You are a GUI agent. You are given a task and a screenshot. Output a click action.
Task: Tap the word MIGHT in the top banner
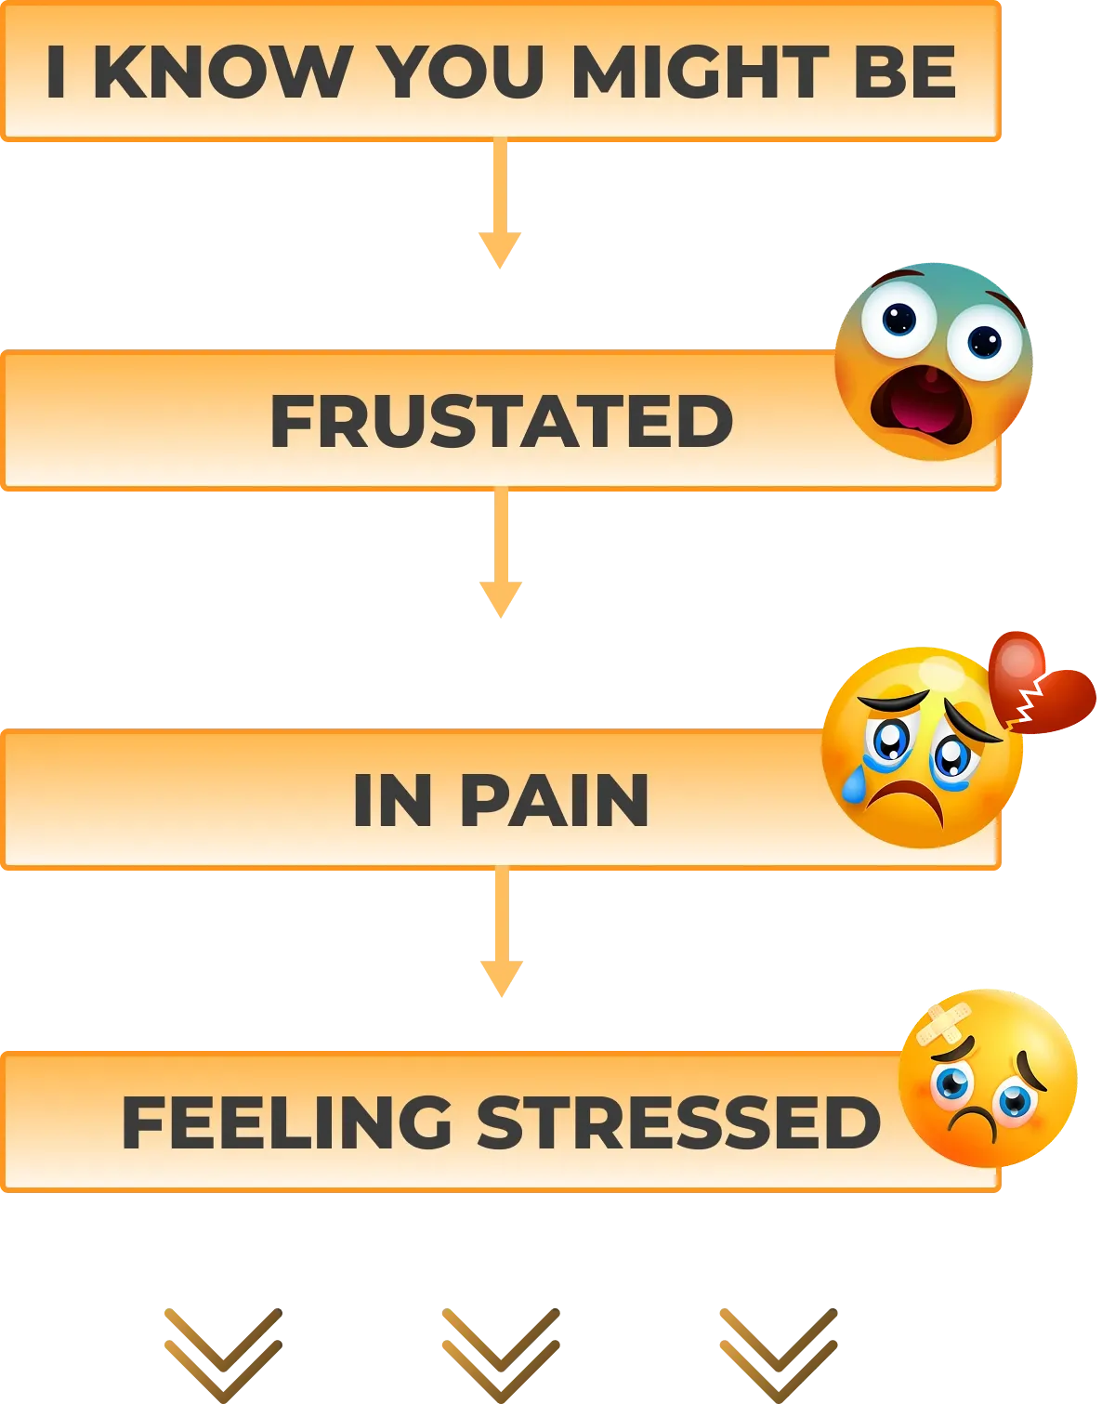(x=700, y=72)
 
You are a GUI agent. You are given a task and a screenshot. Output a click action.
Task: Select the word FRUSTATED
(x=502, y=421)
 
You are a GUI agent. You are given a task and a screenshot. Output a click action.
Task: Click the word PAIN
(x=555, y=800)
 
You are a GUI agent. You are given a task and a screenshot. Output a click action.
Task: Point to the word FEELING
(x=287, y=1122)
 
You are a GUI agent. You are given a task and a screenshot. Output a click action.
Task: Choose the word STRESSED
(x=678, y=1122)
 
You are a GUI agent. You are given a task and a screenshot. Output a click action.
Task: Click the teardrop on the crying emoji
(x=854, y=785)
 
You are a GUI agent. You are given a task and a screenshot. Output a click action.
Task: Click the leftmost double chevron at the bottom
(x=223, y=1352)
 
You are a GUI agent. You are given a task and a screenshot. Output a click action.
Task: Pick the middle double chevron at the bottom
(x=502, y=1352)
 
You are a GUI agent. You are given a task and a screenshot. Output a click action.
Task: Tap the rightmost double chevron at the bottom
(x=777, y=1352)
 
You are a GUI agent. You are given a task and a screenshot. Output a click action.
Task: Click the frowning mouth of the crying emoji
(x=911, y=801)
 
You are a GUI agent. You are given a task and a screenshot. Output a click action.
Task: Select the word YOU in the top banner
(x=462, y=72)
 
